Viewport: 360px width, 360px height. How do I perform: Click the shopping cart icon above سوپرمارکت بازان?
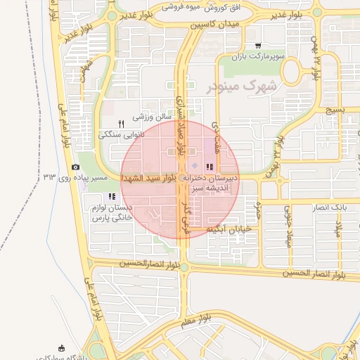coord(259,44)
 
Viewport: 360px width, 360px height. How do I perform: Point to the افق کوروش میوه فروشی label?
coord(200,7)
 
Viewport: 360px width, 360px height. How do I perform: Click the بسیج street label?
coord(337,110)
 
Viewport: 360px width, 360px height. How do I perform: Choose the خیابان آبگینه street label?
coord(229,229)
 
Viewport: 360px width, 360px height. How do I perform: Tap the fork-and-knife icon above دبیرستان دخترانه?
coord(210,167)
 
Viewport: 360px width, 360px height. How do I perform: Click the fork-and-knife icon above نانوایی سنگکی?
coord(121,123)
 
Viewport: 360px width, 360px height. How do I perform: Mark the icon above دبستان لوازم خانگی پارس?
coord(111,196)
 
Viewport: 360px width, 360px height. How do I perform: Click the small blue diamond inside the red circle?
coord(195,165)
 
